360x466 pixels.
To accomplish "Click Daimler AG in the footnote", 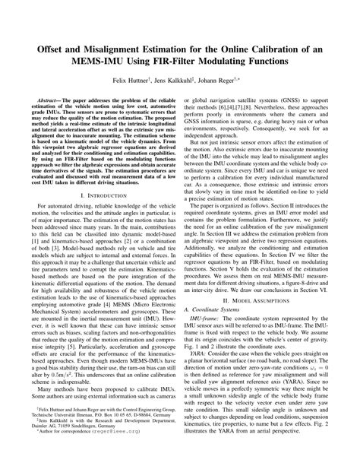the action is coord(36,445).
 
